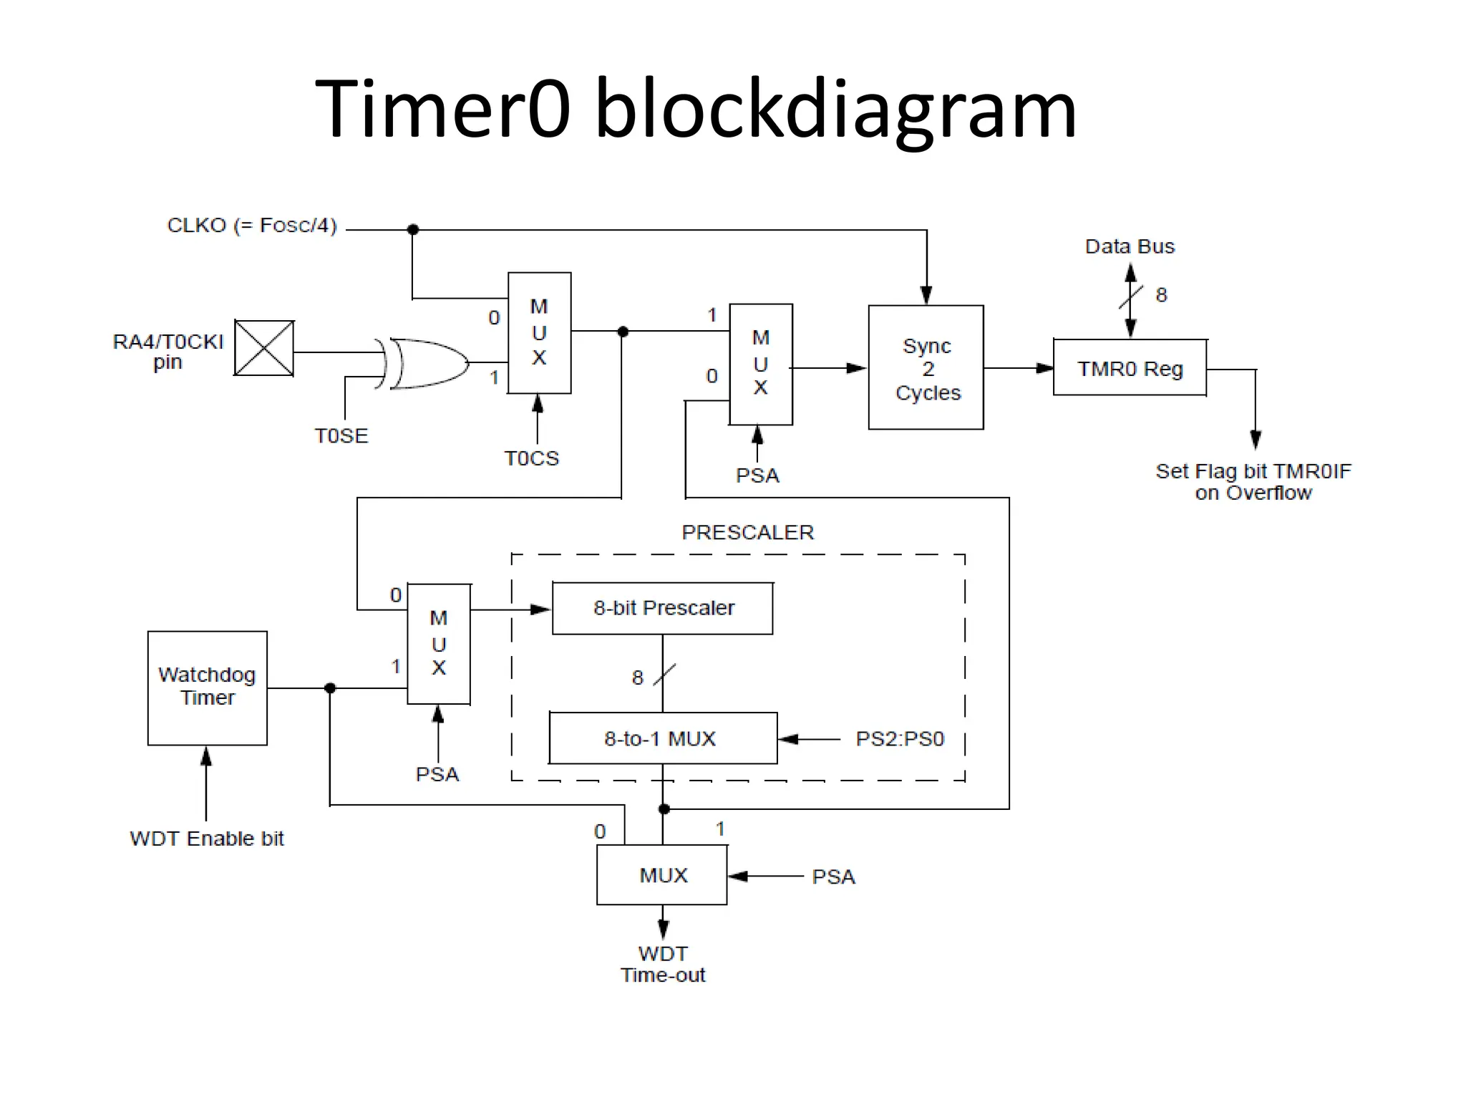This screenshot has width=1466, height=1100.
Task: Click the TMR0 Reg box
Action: click(1130, 368)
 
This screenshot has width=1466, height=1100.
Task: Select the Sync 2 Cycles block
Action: click(926, 368)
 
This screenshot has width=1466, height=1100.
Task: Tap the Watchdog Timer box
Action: click(207, 687)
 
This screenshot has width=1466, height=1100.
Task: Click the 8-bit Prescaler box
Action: click(663, 608)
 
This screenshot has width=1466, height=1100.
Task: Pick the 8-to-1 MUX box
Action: click(662, 738)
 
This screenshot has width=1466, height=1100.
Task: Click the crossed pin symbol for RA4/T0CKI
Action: click(264, 348)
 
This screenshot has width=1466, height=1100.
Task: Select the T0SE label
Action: click(341, 435)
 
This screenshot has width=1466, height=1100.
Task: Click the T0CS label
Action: click(531, 458)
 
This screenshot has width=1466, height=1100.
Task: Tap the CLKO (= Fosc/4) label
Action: click(252, 226)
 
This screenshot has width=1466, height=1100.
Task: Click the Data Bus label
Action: click(1130, 246)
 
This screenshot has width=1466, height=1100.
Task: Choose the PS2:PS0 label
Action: click(900, 738)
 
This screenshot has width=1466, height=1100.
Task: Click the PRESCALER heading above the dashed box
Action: click(747, 532)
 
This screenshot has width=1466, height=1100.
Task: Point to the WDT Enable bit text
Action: click(207, 839)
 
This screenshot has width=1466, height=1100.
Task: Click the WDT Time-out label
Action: click(663, 964)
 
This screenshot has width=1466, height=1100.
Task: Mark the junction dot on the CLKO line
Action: click(413, 230)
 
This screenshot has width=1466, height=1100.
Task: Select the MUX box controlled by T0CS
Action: click(539, 333)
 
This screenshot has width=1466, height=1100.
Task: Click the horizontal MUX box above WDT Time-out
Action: click(662, 875)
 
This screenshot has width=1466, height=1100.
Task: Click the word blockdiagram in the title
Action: click(835, 109)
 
